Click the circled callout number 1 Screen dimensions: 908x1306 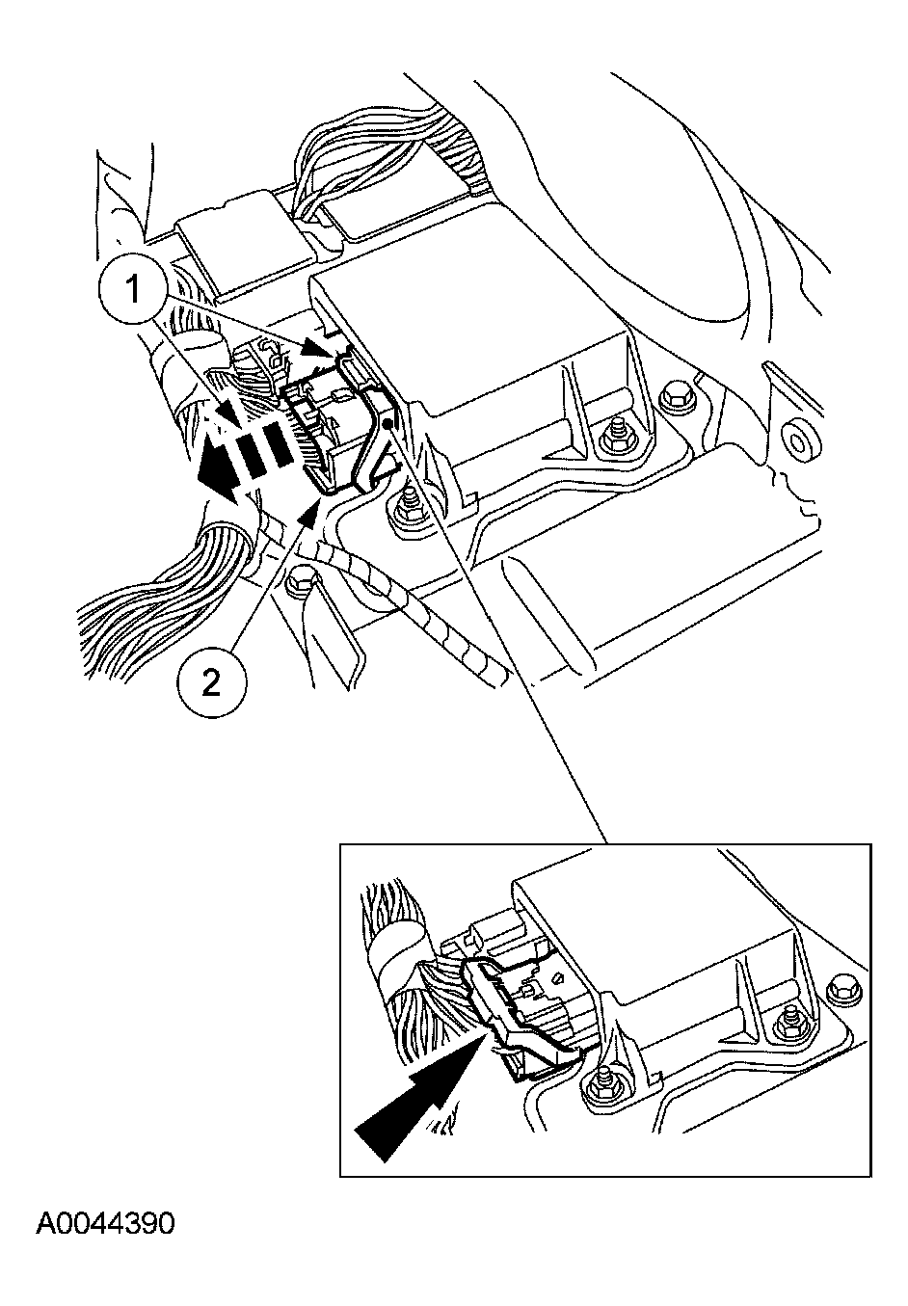(134, 290)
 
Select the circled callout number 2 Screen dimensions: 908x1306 (212, 681)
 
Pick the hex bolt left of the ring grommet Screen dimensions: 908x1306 (676, 398)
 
